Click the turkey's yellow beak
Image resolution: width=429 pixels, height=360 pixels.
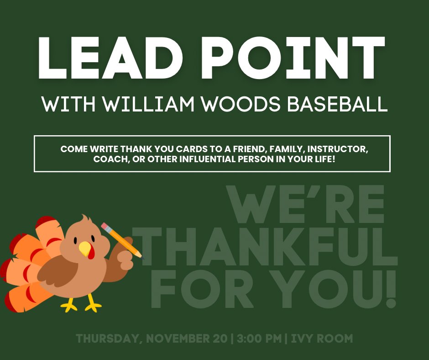[x=85, y=249]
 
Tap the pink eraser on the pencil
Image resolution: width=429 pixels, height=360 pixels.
[x=106, y=227]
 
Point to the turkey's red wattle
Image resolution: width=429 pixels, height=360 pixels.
[x=91, y=254]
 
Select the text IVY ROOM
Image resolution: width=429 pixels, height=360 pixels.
[x=321, y=339]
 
